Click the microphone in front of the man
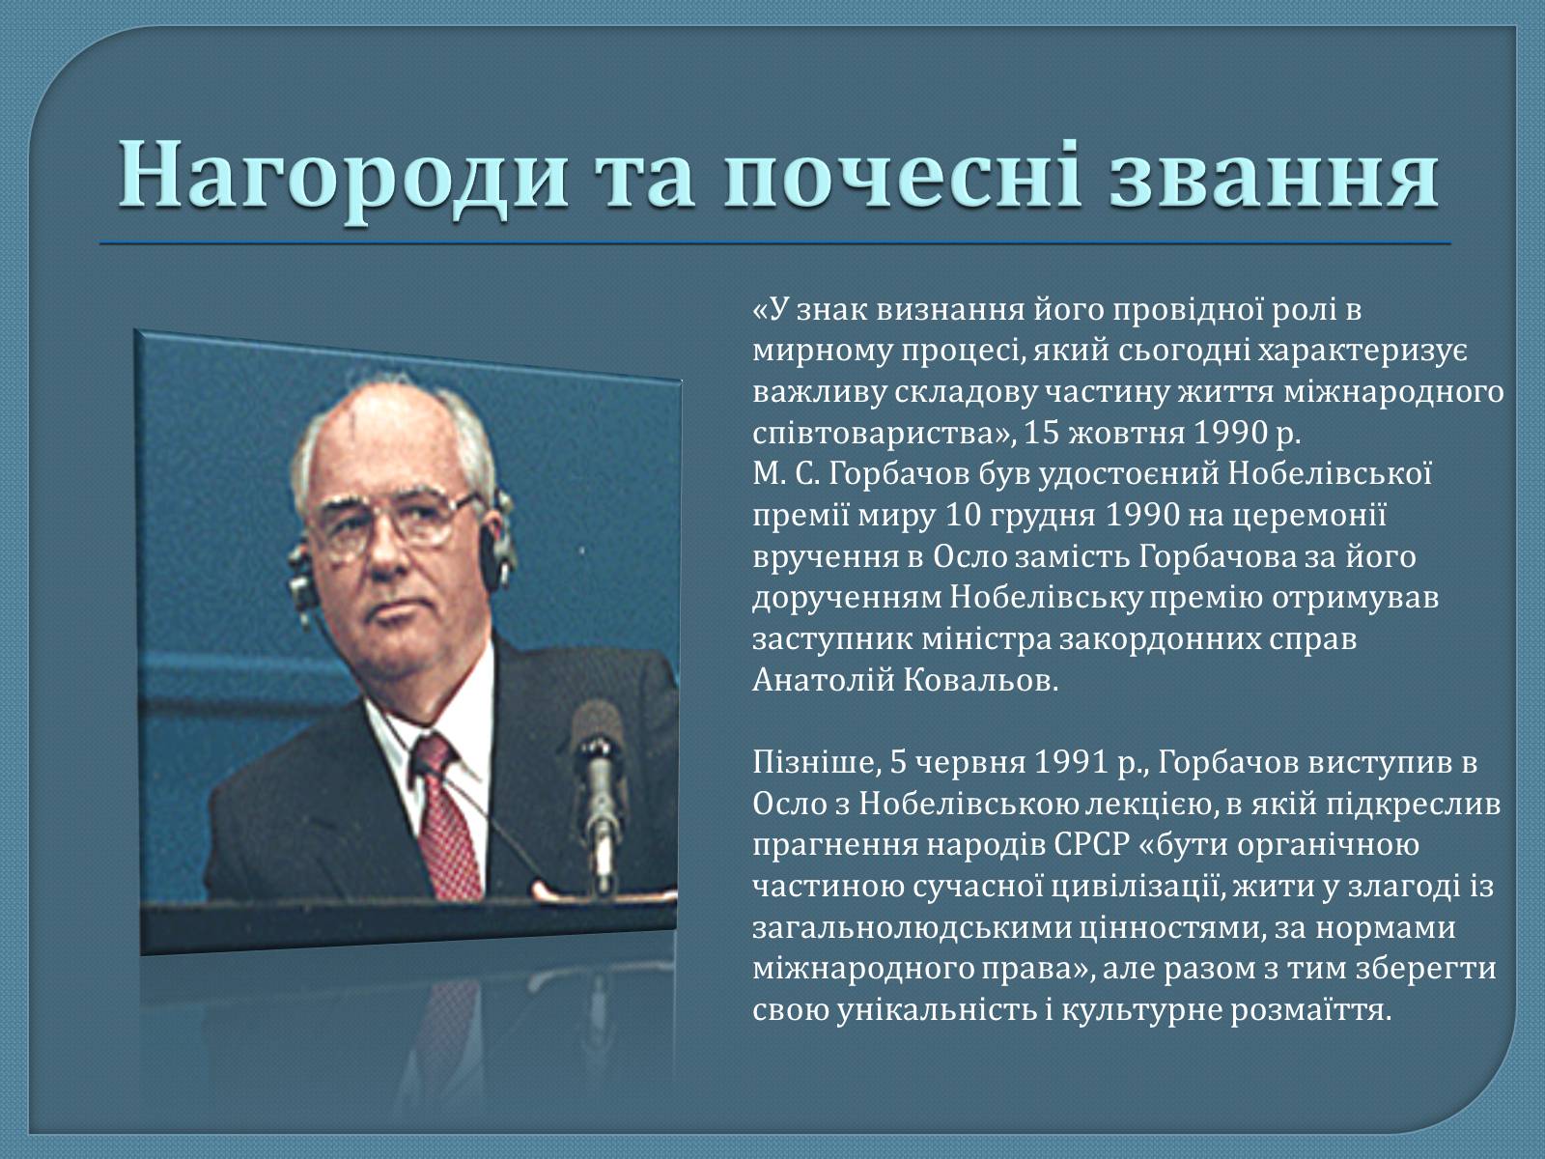599,795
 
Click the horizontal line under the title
775,243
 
